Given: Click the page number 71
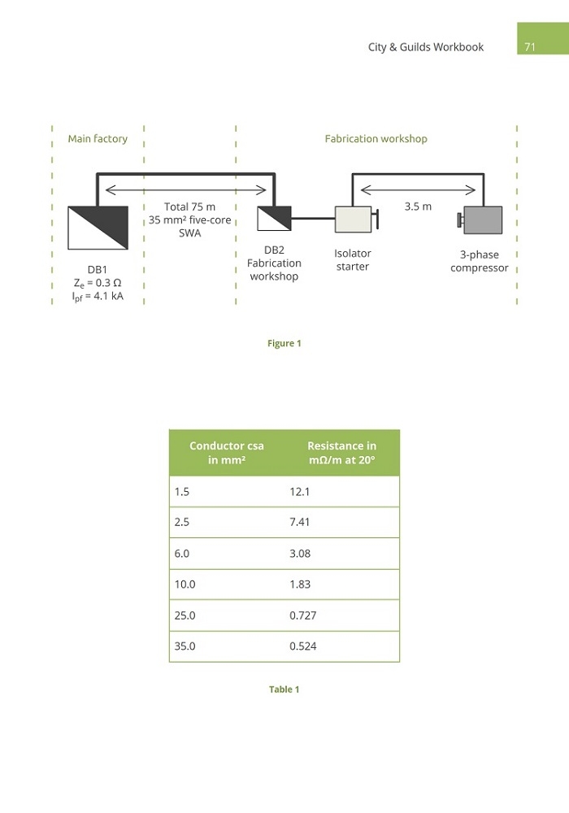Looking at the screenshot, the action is (x=530, y=47).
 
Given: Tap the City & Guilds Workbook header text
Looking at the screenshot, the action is (x=425, y=47).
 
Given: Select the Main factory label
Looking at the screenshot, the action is (x=98, y=139).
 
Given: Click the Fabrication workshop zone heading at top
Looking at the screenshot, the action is (x=376, y=139).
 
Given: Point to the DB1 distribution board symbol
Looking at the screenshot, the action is (x=98, y=228).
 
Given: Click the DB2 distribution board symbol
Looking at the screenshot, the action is (x=274, y=218).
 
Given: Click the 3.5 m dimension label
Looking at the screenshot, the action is (x=418, y=207).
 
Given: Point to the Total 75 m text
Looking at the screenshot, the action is (x=189, y=207).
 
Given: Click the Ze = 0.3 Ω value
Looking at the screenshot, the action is (x=98, y=283).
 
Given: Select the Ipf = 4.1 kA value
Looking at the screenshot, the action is (x=98, y=297).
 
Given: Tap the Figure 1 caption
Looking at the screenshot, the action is (x=284, y=343).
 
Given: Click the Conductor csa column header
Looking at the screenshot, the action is (x=227, y=453).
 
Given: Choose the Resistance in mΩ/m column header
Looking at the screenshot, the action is (x=342, y=453).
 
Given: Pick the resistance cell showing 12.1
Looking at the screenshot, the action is (x=299, y=492).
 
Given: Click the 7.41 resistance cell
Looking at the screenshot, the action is (x=299, y=522).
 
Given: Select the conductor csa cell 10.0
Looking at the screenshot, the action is (x=185, y=585).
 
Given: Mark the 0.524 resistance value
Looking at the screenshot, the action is (x=302, y=646).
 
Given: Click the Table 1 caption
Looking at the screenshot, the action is (x=284, y=689).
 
